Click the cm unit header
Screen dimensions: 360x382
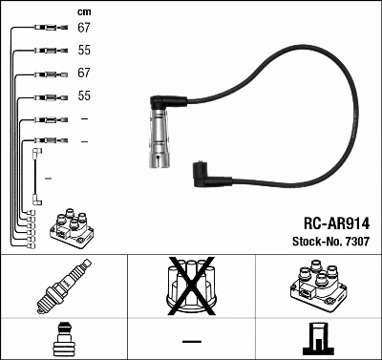click(x=83, y=12)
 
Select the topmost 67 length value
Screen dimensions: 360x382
click(x=83, y=28)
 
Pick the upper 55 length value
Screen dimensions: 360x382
click(x=83, y=50)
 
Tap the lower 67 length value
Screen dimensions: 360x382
click(x=83, y=74)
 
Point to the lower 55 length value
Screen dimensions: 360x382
click(x=83, y=96)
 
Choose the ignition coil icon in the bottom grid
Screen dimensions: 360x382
click(x=318, y=287)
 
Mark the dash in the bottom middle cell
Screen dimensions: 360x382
click(x=191, y=340)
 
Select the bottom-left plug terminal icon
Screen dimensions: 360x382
click(x=63, y=338)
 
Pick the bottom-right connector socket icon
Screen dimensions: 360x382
click(x=318, y=339)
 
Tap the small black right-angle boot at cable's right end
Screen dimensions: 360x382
click(x=202, y=172)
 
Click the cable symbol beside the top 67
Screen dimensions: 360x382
click(x=48, y=28)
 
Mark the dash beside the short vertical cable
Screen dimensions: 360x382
click(x=48, y=179)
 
